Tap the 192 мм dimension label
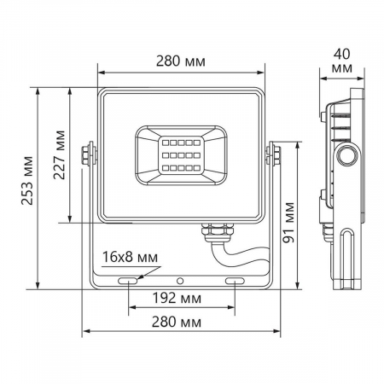(x=180, y=299)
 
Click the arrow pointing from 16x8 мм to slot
(x=141, y=272)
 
